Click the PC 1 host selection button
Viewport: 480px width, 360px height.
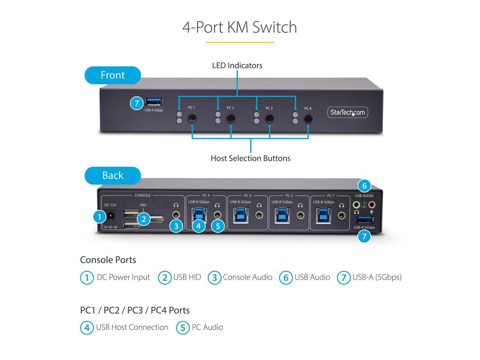coord(192,119)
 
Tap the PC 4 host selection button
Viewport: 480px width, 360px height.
coord(308,119)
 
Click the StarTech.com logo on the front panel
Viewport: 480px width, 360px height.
coord(348,112)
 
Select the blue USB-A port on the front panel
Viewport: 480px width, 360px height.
coord(154,102)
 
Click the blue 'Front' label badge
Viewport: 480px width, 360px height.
coord(112,75)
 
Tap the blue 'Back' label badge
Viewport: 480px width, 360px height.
coord(112,175)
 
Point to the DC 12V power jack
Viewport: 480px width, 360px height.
coord(111,216)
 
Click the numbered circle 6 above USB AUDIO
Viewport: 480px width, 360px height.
coord(364,186)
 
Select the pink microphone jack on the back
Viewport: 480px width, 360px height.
coord(372,205)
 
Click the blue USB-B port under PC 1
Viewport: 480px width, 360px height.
coord(323,216)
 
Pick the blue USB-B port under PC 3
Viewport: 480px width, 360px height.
coord(240,216)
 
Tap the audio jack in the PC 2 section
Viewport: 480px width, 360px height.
coord(300,216)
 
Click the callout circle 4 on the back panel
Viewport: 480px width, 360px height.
coord(198,226)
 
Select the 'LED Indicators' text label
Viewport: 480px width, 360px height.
coord(237,66)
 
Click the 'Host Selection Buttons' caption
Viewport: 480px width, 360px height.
coord(250,158)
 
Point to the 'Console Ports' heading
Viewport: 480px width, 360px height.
coord(108,259)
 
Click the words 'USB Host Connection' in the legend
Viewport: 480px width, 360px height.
coord(132,327)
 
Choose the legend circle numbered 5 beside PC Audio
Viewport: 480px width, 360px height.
coord(183,328)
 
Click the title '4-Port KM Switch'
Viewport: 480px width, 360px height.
coord(240,27)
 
